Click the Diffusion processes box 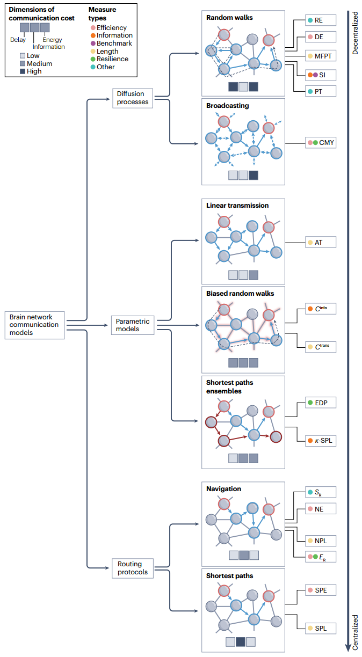(133, 98)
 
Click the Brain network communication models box (34, 325)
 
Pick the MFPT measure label (321, 56)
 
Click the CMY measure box (321, 143)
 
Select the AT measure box (321, 243)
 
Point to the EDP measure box (321, 403)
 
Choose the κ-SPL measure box (321, 441)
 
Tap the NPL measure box (321, 540)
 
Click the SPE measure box (321, 590)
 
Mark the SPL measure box (321, 628)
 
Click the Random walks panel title (229, 18)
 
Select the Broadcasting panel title (227, 106)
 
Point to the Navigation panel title (223, 489)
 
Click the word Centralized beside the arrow (355, 631)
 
